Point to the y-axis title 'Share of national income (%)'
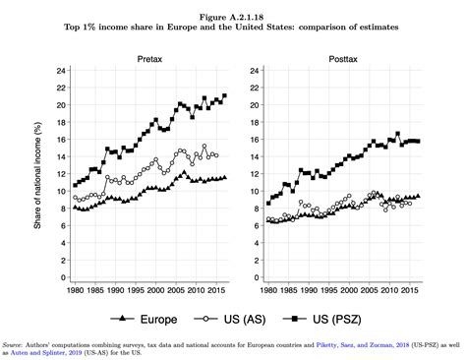click(x=37, y=173)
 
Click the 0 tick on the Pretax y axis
click(x=62, y=277)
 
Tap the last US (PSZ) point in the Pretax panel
click(x=224, y=96)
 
